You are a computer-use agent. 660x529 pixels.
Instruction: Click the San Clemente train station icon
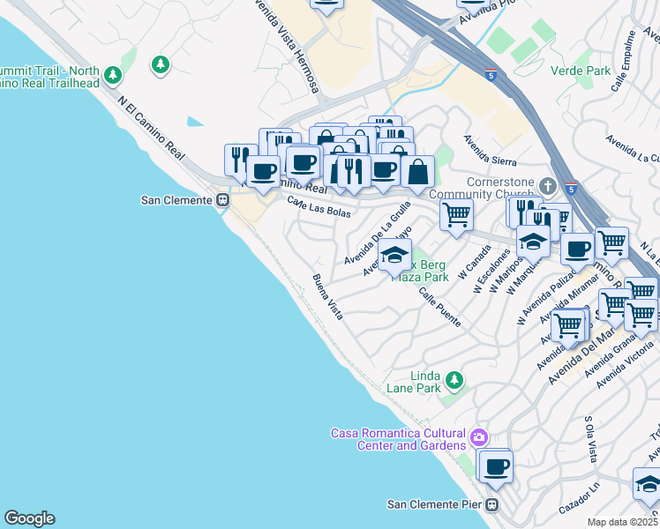[x=222, y=200]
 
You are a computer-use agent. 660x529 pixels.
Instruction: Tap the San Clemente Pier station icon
[x=492, y=505]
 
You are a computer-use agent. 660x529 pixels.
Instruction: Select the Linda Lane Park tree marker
[x=454, y=380]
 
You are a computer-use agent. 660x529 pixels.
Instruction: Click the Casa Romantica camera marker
[x=479, y=437]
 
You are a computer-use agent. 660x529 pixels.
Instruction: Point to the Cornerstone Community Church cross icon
[x=547, y=187]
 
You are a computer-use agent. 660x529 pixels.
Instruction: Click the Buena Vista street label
[x=327, y=296]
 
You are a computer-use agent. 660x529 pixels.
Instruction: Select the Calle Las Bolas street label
[x=319, y=208]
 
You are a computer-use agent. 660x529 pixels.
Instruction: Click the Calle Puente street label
[x=439, y=307]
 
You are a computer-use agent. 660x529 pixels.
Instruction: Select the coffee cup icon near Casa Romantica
[x=496, y=466]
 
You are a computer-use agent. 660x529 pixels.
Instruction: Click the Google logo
[x=29, y=518]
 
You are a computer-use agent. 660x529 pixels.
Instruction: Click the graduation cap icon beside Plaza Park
[x=395, y=256]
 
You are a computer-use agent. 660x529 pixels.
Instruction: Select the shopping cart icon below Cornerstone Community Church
[x=456, y=213]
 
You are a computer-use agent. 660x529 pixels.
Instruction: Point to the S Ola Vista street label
[x=590, y=440]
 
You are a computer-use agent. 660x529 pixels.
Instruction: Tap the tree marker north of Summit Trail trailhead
[x=160, y=64]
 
